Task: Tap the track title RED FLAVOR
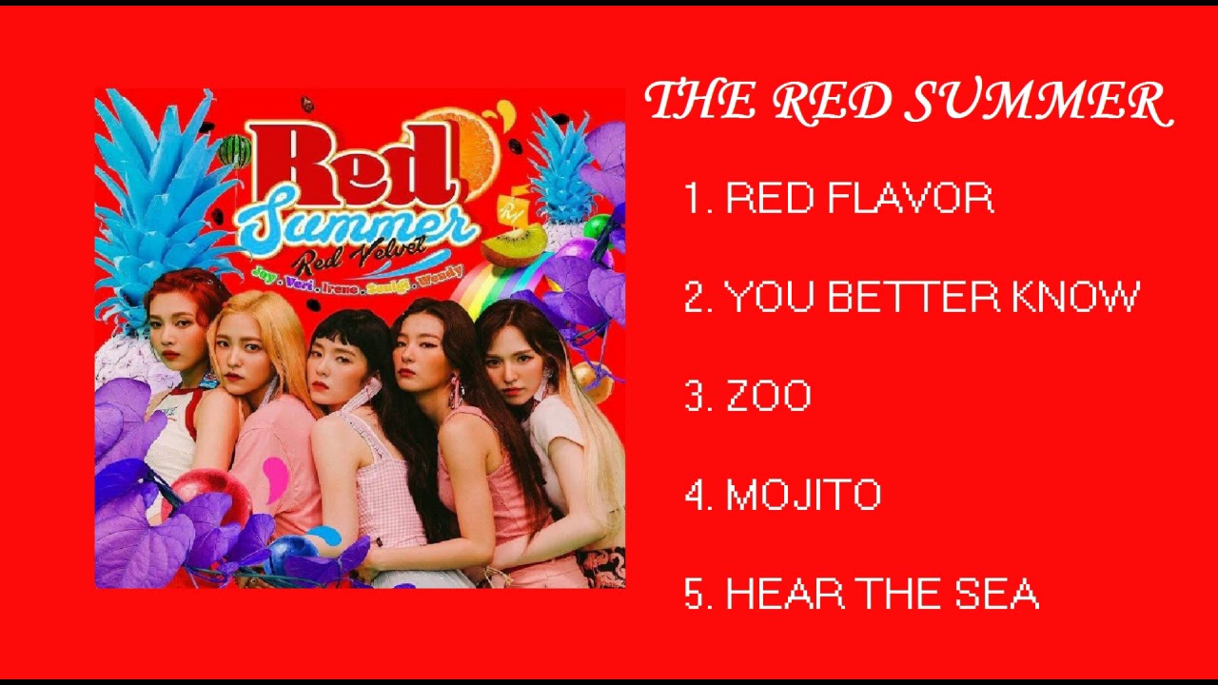[x=859, y=199]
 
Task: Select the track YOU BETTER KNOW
[x=932, y=298]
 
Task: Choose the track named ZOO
[x=768, y=397]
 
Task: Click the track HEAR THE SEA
[x=881, y=595]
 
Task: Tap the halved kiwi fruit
[x=514, y=245]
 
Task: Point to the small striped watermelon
[x=234, y=150]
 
